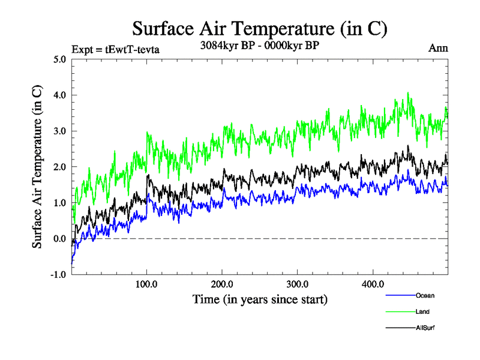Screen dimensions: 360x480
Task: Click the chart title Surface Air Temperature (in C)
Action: pyautogui.click(x=260, y=28)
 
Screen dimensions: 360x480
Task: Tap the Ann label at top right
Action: pyautogui.click(x=437, y=49)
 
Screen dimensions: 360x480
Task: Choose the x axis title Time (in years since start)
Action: pyautogui.click(x=260, y=299)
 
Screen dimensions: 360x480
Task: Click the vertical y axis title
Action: pyautogui.click(x=37, y=167)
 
